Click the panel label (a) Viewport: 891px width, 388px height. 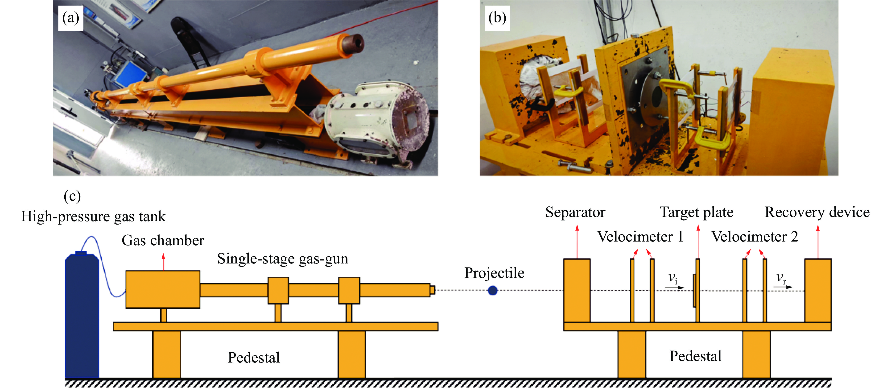click(70, 18)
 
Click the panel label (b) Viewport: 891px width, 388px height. click(497, 18)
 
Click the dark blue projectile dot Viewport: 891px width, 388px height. click(493, 290)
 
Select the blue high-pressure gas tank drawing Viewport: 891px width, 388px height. click(82, 315)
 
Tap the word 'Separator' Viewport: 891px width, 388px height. click(575, 212)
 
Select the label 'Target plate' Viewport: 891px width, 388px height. click(696, 212)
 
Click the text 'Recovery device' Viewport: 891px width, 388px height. click(817, 212)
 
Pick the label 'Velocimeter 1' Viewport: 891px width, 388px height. click(640, 237)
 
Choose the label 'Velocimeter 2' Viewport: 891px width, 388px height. click(754, 237)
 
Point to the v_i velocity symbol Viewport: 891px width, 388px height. click(672, 278)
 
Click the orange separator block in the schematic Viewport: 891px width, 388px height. click(577, 290)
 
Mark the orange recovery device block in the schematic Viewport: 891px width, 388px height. click(818, 290)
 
